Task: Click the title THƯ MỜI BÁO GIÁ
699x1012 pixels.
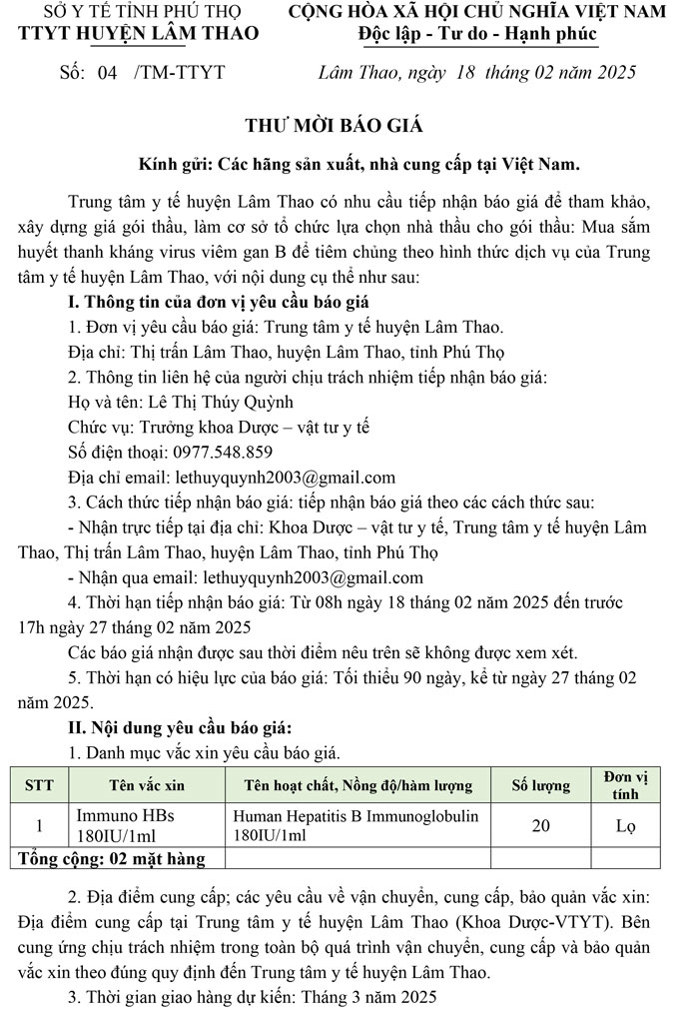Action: (x=335, y=126)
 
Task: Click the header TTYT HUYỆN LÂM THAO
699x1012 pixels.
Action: (x=139, y=34)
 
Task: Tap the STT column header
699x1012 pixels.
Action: (x=39, y=785)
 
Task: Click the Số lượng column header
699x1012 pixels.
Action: (x=541, y=785)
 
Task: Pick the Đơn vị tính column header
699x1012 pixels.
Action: (x=626, y=785)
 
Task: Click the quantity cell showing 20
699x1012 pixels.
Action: (x=541, y=826)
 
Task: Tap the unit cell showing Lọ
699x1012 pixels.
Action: (x=626, y=826)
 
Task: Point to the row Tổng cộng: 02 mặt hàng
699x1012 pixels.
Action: (x=113, y=859)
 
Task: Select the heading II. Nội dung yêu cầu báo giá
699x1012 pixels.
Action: (x=180, y=726)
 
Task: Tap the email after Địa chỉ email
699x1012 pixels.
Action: (x=286, y=477)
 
